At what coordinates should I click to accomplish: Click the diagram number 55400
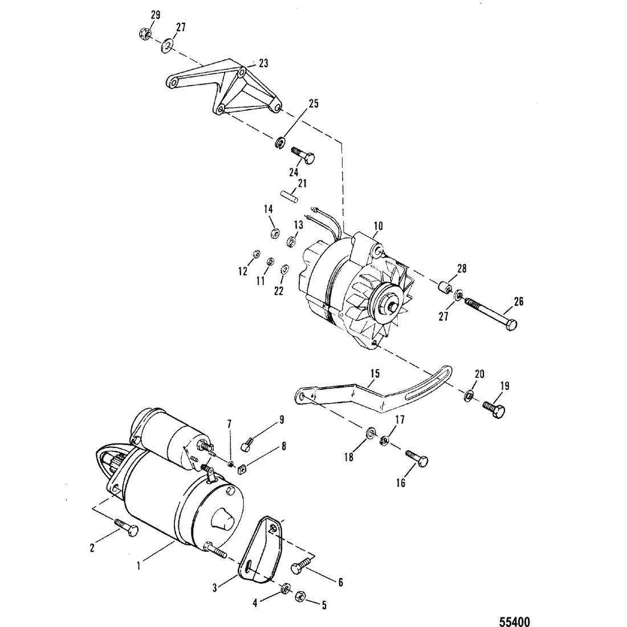pyautogui.click(x=515, y=621)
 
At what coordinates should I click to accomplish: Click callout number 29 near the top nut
pyautogui.click(x=155, y=15)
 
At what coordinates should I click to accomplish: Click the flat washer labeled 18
pyautogui.click(x=370, y=432)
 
